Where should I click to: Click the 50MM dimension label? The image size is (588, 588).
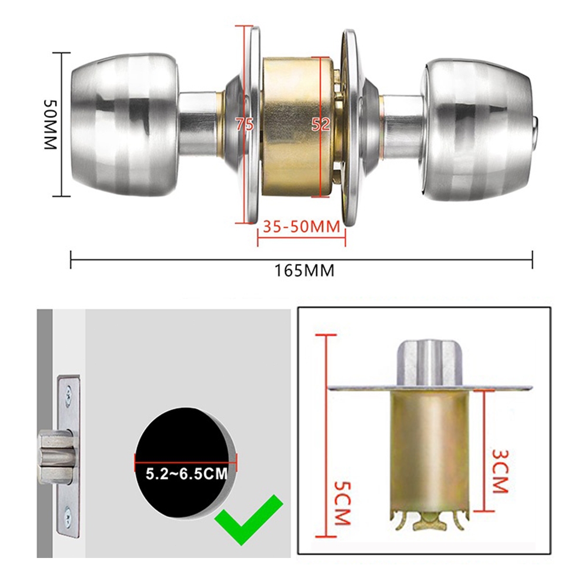[50, 125]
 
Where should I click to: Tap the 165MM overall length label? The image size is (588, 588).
[304, 270]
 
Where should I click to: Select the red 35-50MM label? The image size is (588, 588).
[302, 227]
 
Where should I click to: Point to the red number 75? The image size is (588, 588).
[245, 124]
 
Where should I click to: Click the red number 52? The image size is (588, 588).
[320, 124]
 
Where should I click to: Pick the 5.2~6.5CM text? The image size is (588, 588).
[186, 474]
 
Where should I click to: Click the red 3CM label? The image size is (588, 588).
[500, 471]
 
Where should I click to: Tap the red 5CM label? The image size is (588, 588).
[342, 503]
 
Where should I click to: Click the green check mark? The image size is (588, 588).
[249, 519]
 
